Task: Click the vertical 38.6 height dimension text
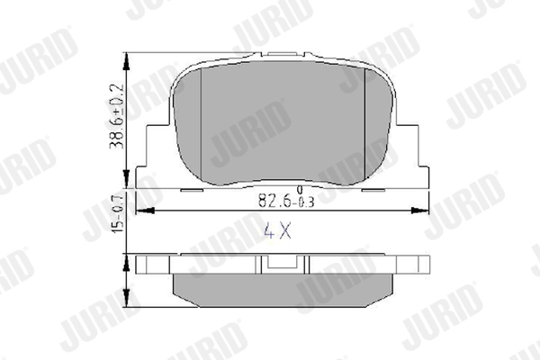click(116, 117)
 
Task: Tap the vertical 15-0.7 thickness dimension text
click(118, 214)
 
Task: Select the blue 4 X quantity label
click(277, 230)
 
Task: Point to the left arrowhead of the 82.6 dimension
click(145, 211)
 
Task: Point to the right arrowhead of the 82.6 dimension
click(420, 211)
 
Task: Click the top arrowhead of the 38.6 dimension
click(127, 62)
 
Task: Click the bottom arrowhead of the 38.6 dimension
click(127, 179)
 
